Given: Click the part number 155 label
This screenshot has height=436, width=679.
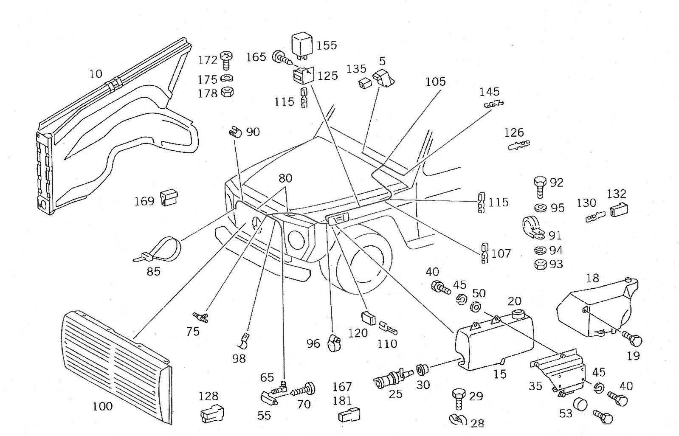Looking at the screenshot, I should (x=327, y=45).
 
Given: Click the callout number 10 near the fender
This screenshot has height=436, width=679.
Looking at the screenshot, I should (x=96, y=74).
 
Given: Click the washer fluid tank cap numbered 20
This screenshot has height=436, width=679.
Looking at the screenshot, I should (x=518, y=315).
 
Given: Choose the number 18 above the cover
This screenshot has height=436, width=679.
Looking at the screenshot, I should (x=592, y=278).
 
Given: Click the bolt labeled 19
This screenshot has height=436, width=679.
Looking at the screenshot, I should (x=633, y=338).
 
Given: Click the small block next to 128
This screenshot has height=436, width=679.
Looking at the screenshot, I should (x=212, y=413).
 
